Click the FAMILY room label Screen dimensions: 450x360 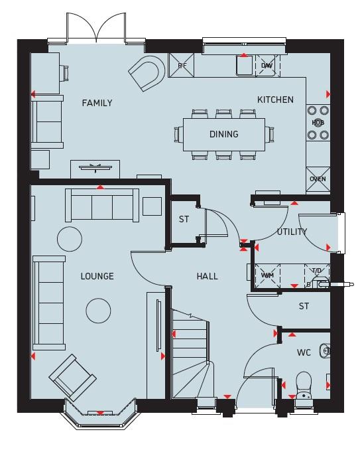coord(97,103)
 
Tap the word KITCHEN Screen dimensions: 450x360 coord(275,100)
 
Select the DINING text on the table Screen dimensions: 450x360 coord(223,134)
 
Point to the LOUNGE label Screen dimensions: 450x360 coord(97,276)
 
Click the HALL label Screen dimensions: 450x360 coord(207,276)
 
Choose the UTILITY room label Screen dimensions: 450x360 coord(292,232)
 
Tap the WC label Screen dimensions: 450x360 coord(304,352)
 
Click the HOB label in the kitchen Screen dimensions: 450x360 coord(318,123)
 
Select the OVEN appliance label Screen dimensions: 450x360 coord(318,179)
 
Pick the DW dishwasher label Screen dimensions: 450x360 coord(267,66)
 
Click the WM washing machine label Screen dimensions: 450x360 coord(267,275)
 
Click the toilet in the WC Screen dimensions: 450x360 coord(304,387)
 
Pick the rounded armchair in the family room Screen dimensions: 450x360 coord(147,73)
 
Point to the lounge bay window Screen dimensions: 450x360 coord(99,414)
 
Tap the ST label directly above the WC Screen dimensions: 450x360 coord(304,306)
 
